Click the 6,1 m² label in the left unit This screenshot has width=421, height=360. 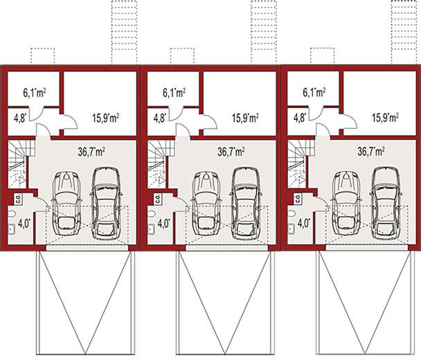(33, 91)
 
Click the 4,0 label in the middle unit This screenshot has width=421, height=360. (163, 224)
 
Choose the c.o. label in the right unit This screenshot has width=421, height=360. (297, 198)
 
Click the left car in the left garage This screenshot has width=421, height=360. (67, 201)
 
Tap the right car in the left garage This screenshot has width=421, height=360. (105, 203)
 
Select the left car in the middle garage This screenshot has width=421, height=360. (207, 201)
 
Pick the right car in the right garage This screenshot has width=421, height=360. (385, 203)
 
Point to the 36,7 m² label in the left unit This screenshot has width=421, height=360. (90, 150)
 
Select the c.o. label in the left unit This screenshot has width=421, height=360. (17, 198)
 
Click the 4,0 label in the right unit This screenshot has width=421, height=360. (303, 224)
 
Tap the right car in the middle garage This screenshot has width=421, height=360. (245, 203)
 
